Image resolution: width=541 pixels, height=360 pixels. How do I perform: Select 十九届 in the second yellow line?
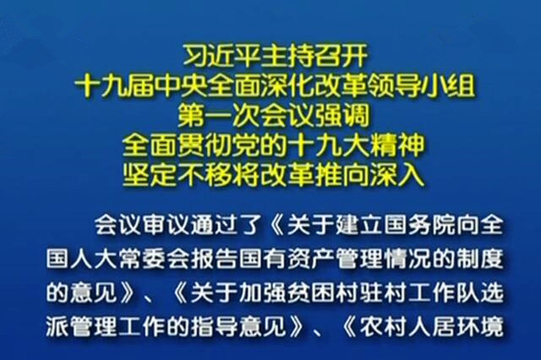click(114, 85)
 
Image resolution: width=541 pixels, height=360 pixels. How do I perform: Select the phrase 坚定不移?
click(177, 175)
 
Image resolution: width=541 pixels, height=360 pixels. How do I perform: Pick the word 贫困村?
click(320, 293)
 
